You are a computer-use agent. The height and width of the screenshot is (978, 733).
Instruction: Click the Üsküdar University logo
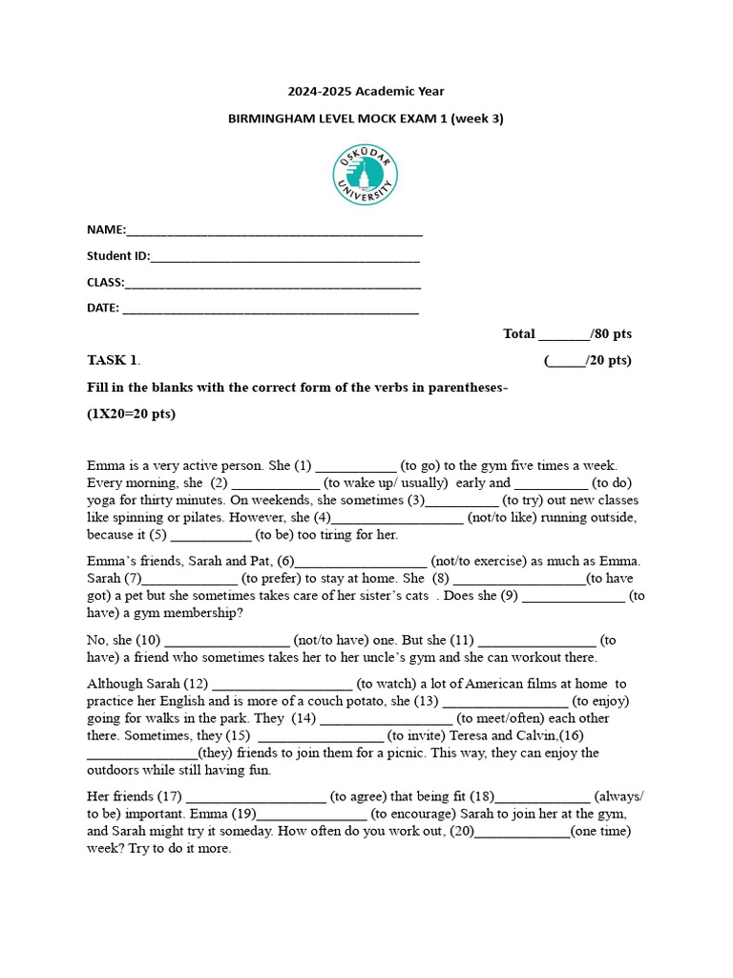pyautogui.click(x=366, y=176)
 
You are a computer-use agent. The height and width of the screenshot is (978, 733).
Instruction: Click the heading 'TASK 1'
pyautogui.click(x=113, y=360)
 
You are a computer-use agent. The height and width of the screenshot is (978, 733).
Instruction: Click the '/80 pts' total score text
pyautogui.click(x=611, y=334)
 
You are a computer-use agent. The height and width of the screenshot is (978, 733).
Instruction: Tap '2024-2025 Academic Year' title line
pyautogui.click(x=366, y=92)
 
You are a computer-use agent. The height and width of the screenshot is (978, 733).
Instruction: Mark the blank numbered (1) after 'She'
pyautogui.click(x=355, y=467)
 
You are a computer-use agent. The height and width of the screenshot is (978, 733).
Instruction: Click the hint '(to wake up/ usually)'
pyautogui.click(x=386, y=483)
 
